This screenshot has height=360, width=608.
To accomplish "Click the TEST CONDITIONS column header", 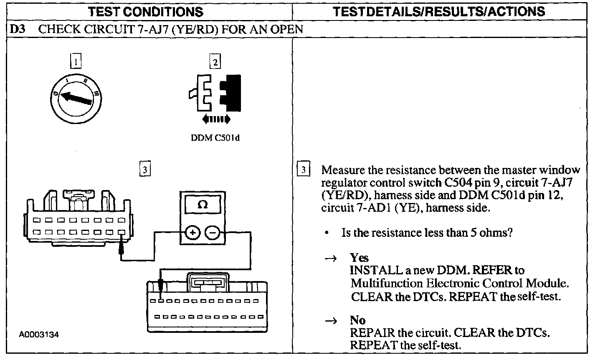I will point(146,11).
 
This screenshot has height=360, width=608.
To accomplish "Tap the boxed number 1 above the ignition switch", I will point(76,63).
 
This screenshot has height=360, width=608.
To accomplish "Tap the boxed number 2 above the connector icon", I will point(215,63).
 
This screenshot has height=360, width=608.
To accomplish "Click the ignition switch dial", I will point(76,97).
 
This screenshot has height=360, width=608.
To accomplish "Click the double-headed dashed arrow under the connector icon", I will point(215,120).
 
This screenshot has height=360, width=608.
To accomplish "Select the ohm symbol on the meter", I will point(202,205).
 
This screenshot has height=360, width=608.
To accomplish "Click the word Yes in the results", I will point(359,258).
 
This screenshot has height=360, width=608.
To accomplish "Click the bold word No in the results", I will point(357,320).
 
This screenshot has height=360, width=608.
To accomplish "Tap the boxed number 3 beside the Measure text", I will point(304,170).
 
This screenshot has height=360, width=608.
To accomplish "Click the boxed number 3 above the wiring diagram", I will point(144,170).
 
